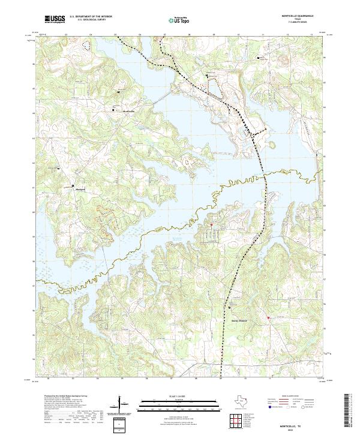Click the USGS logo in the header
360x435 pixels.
(x=55, y=19)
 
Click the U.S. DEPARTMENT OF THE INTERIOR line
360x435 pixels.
(x=91, y=17)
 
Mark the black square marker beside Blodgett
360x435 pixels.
(x=58, y=169)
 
